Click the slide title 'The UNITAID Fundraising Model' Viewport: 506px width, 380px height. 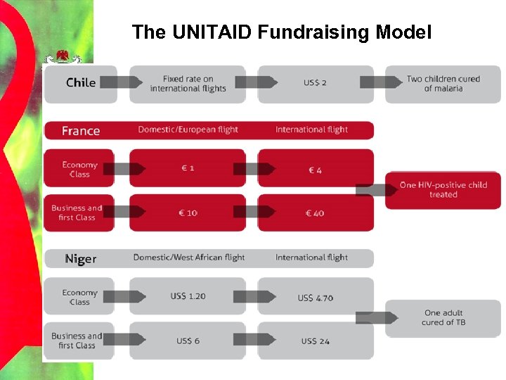(281, 32)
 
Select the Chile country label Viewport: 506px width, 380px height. (80, 82)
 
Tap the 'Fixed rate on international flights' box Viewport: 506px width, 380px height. (188, 84)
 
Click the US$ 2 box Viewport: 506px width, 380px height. (315, 83)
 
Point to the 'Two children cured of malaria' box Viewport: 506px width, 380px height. (443, 84)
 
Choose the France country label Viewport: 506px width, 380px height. (80, 130)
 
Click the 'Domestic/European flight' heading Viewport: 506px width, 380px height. (188, 129)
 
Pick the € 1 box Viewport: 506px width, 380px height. (188, 169)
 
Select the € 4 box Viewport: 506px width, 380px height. (315, 169)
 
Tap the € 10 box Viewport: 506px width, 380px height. (188, 213)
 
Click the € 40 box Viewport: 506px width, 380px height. (315, 213)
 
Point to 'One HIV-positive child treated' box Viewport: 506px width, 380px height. (443, 190)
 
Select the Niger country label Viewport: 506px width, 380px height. (80, 258)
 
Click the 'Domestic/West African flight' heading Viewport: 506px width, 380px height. (188, 258)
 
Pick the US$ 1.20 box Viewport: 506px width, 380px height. (188, 296)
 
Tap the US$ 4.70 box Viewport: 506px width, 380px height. (315, 297)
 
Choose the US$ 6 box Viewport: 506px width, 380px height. (188, 341)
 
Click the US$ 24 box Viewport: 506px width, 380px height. (315, 341)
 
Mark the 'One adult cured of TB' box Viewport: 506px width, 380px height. (443, 318)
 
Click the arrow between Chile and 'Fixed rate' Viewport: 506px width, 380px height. (121, 82)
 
